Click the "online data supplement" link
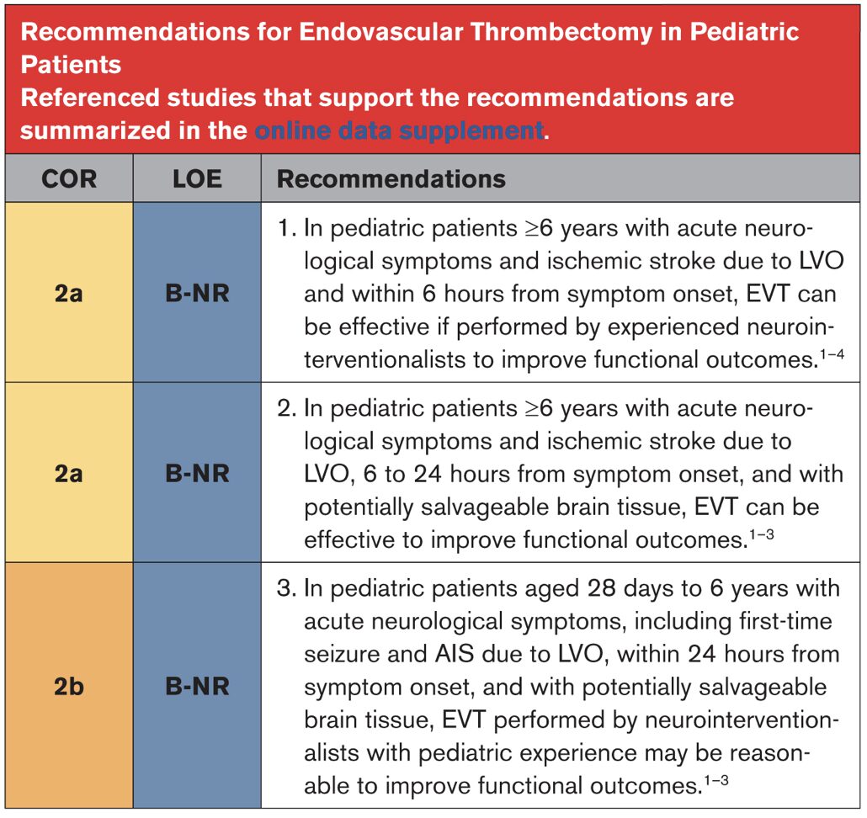pyautogui.click(x=399, y=131)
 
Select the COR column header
pyautogui.click(x=69, y=179)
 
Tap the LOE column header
pyautogui.click(x=198, y=179)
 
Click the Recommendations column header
pyautogui.click(x=391, y=179)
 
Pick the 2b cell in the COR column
pyautogui.click(x=69, y=687)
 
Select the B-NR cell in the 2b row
pyautogui.click(x=198, y=687)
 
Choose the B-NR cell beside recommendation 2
pyautogui.click(x=198, y=474)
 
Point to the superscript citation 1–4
pyautogui.click(x=832, y=353)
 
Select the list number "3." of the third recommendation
pyautogui.click(x=286, y=588)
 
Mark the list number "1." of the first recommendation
pyautogui.click(x=286, y=228)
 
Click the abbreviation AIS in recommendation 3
pyautogui.click(x=455, y=655)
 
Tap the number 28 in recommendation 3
pyautogui.click(x=602, y=588)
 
